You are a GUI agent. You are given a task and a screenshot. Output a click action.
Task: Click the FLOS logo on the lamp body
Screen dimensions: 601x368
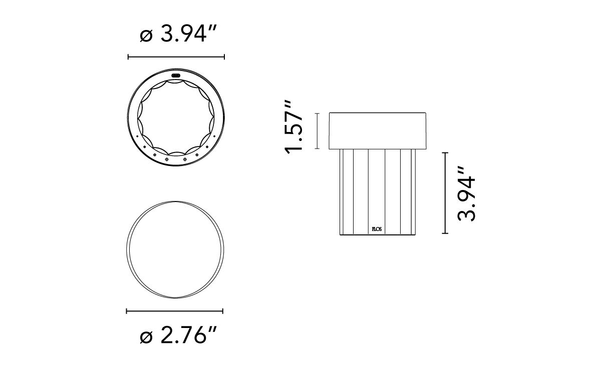coord(377,229)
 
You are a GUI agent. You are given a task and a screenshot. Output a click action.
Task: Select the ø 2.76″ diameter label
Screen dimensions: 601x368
coord(178,335)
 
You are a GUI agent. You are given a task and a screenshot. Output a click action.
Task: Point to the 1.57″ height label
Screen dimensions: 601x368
coord(293,127)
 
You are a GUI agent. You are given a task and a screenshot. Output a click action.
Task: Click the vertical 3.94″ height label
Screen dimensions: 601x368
coord(466,194)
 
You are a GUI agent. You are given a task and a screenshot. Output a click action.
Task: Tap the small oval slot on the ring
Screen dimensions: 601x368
coord(176,75)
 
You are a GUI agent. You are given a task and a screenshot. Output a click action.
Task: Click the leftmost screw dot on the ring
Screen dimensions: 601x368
coord(137,136)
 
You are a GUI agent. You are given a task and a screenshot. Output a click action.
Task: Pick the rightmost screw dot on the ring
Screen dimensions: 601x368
coord(214,136)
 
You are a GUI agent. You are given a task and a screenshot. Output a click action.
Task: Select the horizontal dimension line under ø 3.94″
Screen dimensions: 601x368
coord(176,57)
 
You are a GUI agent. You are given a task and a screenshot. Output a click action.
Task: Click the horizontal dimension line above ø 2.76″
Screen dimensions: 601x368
coord(175,311)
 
